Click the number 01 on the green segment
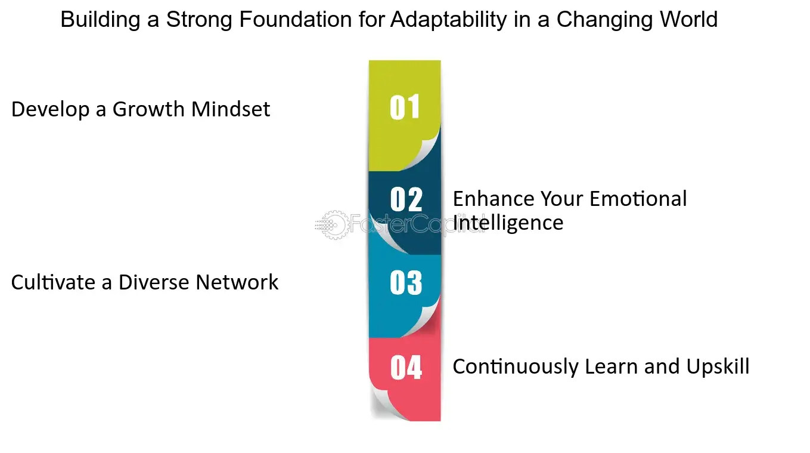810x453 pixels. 405,107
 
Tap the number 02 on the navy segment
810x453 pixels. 406,199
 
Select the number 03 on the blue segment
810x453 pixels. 406,282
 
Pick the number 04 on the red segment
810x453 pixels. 406,368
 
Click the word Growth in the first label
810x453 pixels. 148,109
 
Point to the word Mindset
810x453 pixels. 231,109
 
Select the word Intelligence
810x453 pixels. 508,223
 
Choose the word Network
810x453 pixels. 237,282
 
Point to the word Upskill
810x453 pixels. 718,366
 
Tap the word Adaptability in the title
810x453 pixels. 449,20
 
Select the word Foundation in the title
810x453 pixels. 296,19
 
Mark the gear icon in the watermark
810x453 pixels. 334,225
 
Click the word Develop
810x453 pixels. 50,110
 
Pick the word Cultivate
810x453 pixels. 53,282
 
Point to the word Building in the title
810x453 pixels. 101,20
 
